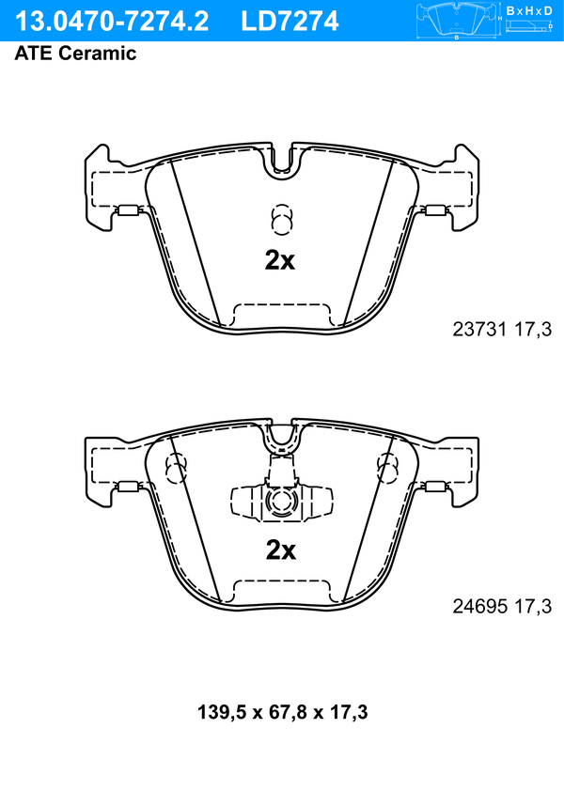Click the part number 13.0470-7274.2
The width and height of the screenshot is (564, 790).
112,22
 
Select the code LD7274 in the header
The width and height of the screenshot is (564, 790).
290,22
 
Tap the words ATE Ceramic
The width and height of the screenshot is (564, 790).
75,53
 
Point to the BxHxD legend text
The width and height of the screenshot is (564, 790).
529,10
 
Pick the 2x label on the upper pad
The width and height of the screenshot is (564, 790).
280,260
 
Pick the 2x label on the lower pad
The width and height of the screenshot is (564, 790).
281,550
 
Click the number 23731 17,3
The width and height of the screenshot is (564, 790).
502,330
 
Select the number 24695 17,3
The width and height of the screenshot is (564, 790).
502,606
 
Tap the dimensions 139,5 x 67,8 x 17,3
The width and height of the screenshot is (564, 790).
282,712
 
